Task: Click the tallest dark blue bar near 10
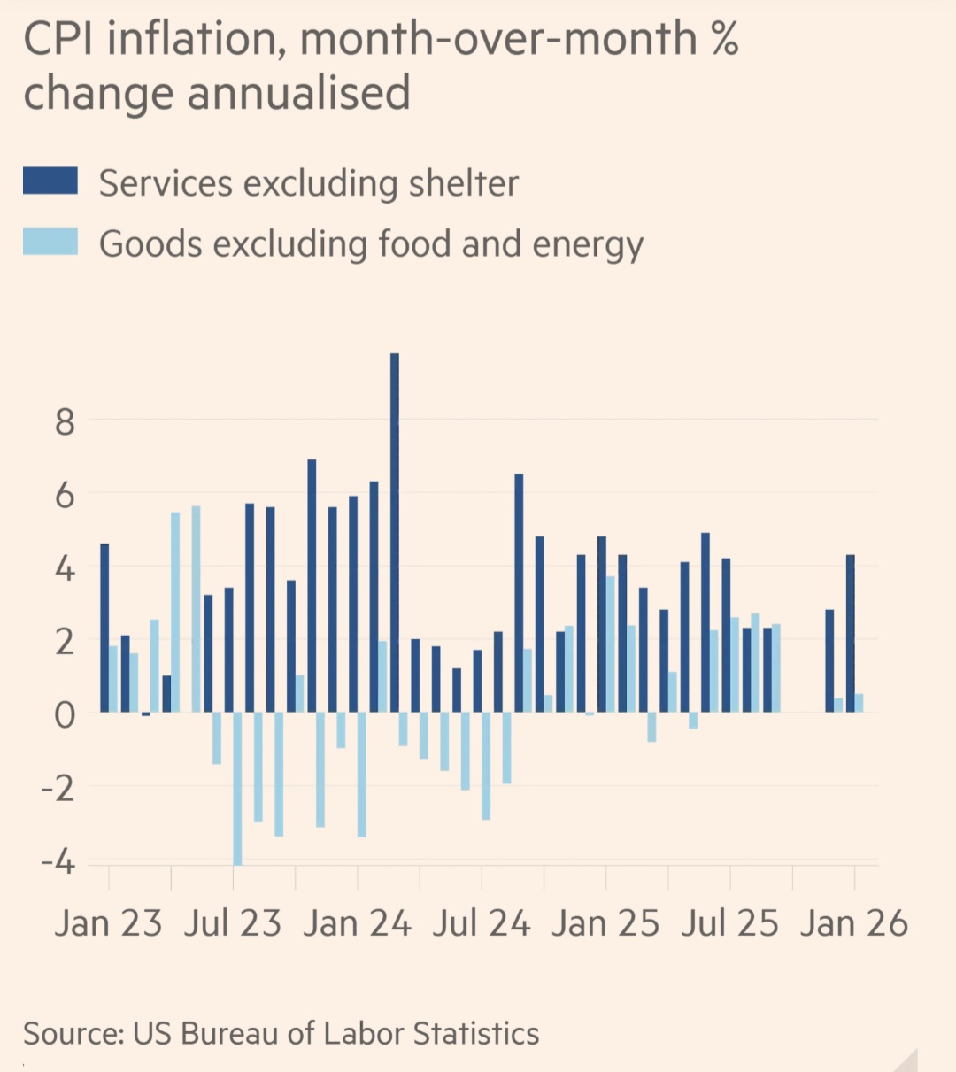click(395, 531)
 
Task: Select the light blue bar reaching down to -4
click(237, 788)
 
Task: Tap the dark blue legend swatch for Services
click(50, 181)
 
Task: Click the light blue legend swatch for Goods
click(50, 242)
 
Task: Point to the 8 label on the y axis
click(65, 422)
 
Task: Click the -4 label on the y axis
click(58, 861)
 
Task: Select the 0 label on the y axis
click(65, 714)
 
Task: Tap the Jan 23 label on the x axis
click(108, 923)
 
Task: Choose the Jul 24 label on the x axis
click(482, 923)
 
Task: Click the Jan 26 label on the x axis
click(854, 923)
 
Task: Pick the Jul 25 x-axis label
click(729, 923)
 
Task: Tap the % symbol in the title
click(724, 40)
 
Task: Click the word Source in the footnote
click(72, 1033)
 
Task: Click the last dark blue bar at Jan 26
click(851, 633)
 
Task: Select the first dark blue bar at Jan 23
click(104, 627)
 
